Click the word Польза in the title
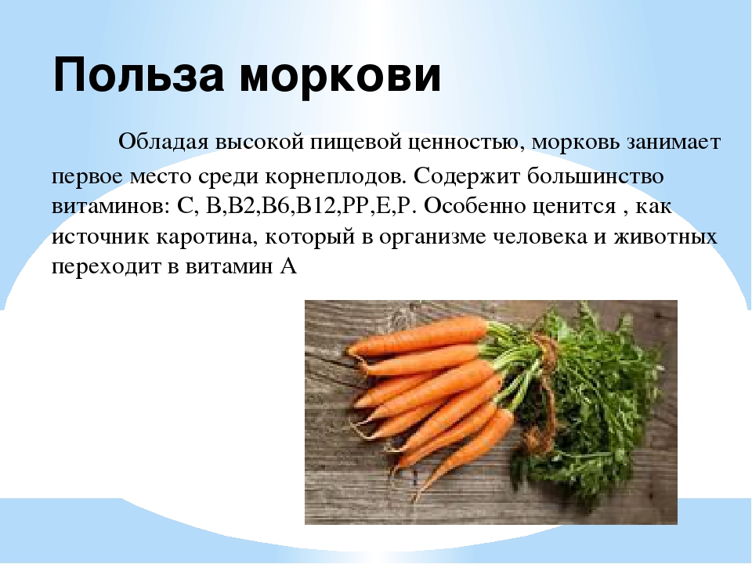pos(138,75)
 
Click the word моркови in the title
pos(340,77)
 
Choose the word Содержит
pos(467,176)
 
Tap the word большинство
pos(595,175)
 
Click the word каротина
pos(204,237)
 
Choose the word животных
pos(665,237)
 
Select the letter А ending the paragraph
pos(287,266)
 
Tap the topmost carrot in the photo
pos(418,336)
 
